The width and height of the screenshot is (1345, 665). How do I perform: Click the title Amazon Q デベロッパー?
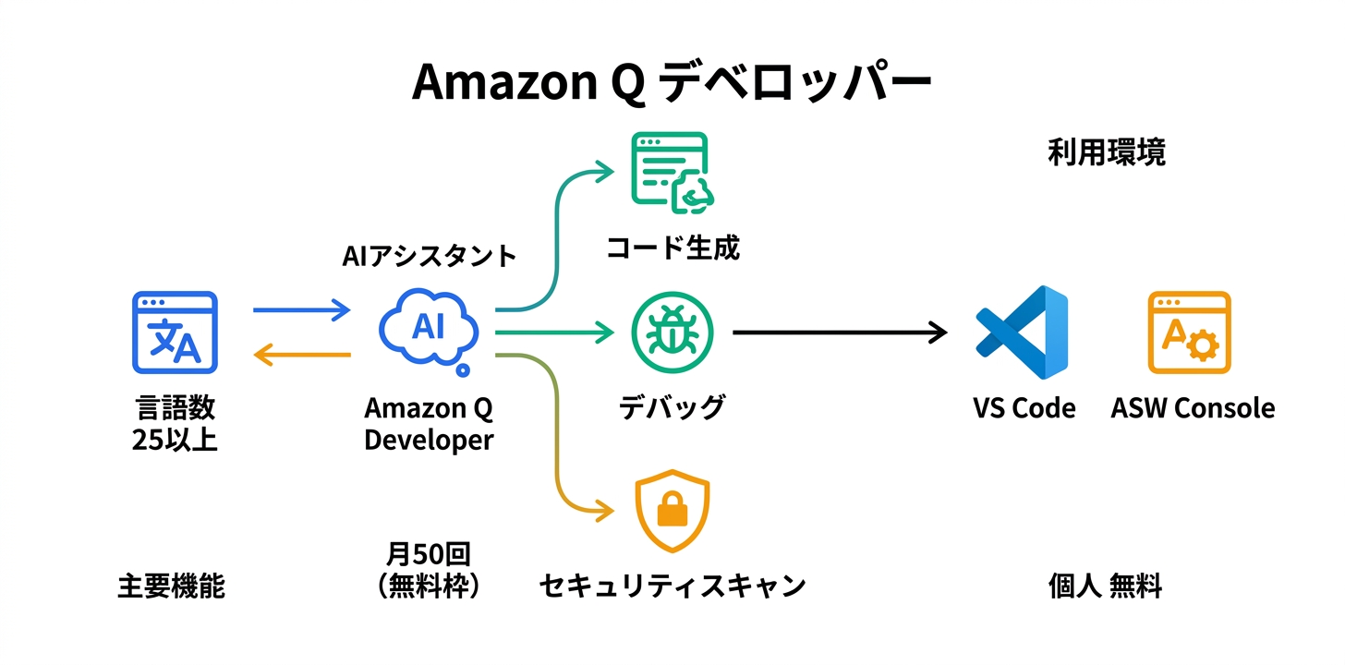pyautogui.click(x=672, y=82)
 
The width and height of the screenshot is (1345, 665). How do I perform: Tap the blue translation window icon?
pyautogui.click(x=175, y=332)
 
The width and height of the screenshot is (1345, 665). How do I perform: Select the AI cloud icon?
pyautogui.click(x=429, y=330)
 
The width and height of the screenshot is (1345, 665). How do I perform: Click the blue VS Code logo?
pyautogui.click(x=1022, y=332)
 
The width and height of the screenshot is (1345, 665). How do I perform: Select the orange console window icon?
pyautogui.click(x=1189, y=332)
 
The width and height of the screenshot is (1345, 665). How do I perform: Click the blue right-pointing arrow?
pyautogui.click(x=301, y=309)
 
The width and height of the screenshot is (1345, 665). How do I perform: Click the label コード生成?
pyautogui.click(x=672, y=248)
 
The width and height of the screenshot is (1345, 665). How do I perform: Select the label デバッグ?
pyautogui.click(x=672, y=407)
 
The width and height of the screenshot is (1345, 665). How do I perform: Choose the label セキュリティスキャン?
pyautogui.click(x=672, y=586)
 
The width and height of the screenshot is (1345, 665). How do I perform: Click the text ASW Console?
pyautogui.click(x=1193, y=408)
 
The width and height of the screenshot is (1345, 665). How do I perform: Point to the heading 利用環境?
pyautogui.click(x=1106, y=152)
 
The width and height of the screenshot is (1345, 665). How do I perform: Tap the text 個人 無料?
pyautogui.click(x=1105, y=586)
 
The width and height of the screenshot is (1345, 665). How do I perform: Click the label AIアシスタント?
pyautogui.click(x=429, y=256)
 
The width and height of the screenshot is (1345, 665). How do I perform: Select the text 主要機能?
pyautogui.click(x=172, y=586)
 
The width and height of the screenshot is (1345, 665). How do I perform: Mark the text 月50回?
pyautogui.click(x=429, y=554)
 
